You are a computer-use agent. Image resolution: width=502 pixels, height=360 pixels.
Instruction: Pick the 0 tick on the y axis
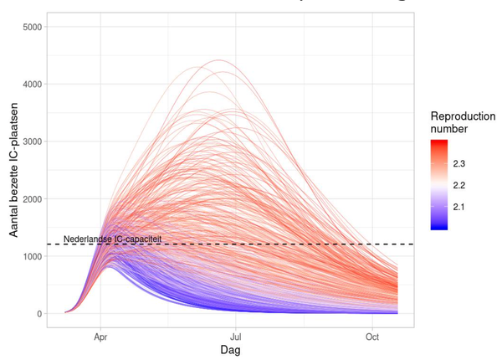[x=40, y=314]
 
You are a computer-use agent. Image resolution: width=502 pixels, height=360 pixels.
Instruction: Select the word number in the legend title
[x=449, y=130]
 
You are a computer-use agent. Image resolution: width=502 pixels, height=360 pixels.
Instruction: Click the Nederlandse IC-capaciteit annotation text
[x=112, y=239]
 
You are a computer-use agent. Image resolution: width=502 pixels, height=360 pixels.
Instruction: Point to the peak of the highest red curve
[x=219, y=60]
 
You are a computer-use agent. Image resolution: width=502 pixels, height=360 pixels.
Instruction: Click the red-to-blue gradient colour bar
[x=440, y=184]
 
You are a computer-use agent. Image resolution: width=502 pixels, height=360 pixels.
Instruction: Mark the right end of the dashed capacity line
[x=413, y=244]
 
